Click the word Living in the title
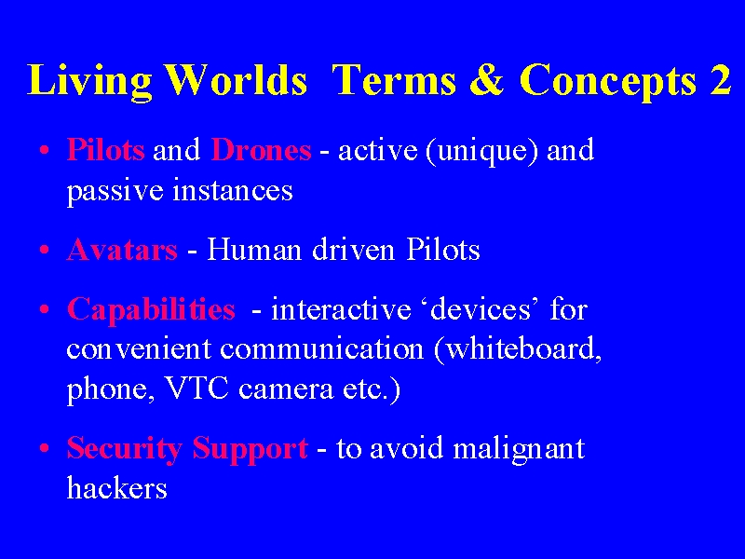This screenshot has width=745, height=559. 89,81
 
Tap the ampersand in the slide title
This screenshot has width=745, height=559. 486,79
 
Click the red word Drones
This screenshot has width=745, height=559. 261,150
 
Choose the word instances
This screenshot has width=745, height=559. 232,190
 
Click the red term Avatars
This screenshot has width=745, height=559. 122,250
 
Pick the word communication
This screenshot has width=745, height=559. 321,348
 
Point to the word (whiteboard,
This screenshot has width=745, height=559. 518,350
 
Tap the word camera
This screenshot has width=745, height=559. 286,390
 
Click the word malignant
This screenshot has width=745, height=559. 519,450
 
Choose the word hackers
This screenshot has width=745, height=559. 117,487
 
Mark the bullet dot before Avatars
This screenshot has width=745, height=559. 44,250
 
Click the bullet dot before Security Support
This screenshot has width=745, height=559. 44,448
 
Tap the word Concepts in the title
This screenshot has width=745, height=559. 608,81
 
